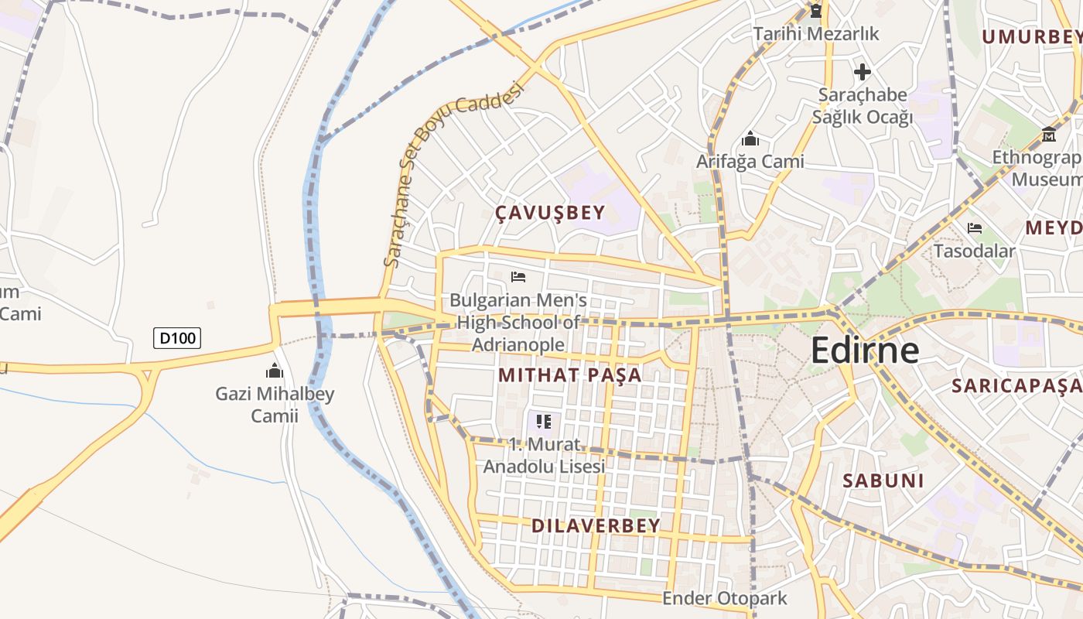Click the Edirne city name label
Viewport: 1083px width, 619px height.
coord(865,351)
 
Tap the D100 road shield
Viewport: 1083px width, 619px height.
coord(177,338)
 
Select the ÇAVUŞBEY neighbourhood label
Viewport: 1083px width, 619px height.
coord(550,214)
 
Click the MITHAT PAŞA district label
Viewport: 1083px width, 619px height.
coord(569,375)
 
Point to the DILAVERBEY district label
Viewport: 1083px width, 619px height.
coord(596,525)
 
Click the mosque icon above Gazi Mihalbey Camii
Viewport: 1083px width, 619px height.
coord(275,371)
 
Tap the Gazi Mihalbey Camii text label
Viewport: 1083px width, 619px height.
coord(275,405)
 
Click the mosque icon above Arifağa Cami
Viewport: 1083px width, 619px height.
coord(750,139)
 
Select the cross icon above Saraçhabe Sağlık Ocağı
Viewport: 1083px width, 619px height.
coord(862,73)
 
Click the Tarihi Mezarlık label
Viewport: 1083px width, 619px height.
coord(816,34)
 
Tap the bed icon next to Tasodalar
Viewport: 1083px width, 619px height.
coord(974,228)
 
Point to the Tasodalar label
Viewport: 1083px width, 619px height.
coord(974,251)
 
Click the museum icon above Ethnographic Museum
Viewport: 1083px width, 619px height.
coord(1049,134)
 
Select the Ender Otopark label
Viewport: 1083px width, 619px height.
coord(724,598)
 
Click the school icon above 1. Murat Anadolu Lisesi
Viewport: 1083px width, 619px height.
coord(544,422)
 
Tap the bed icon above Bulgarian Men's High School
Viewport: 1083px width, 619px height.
coord(518,276)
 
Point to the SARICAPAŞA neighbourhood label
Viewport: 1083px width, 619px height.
coord(1016,385)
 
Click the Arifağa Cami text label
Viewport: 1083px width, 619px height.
coord(750,162)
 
